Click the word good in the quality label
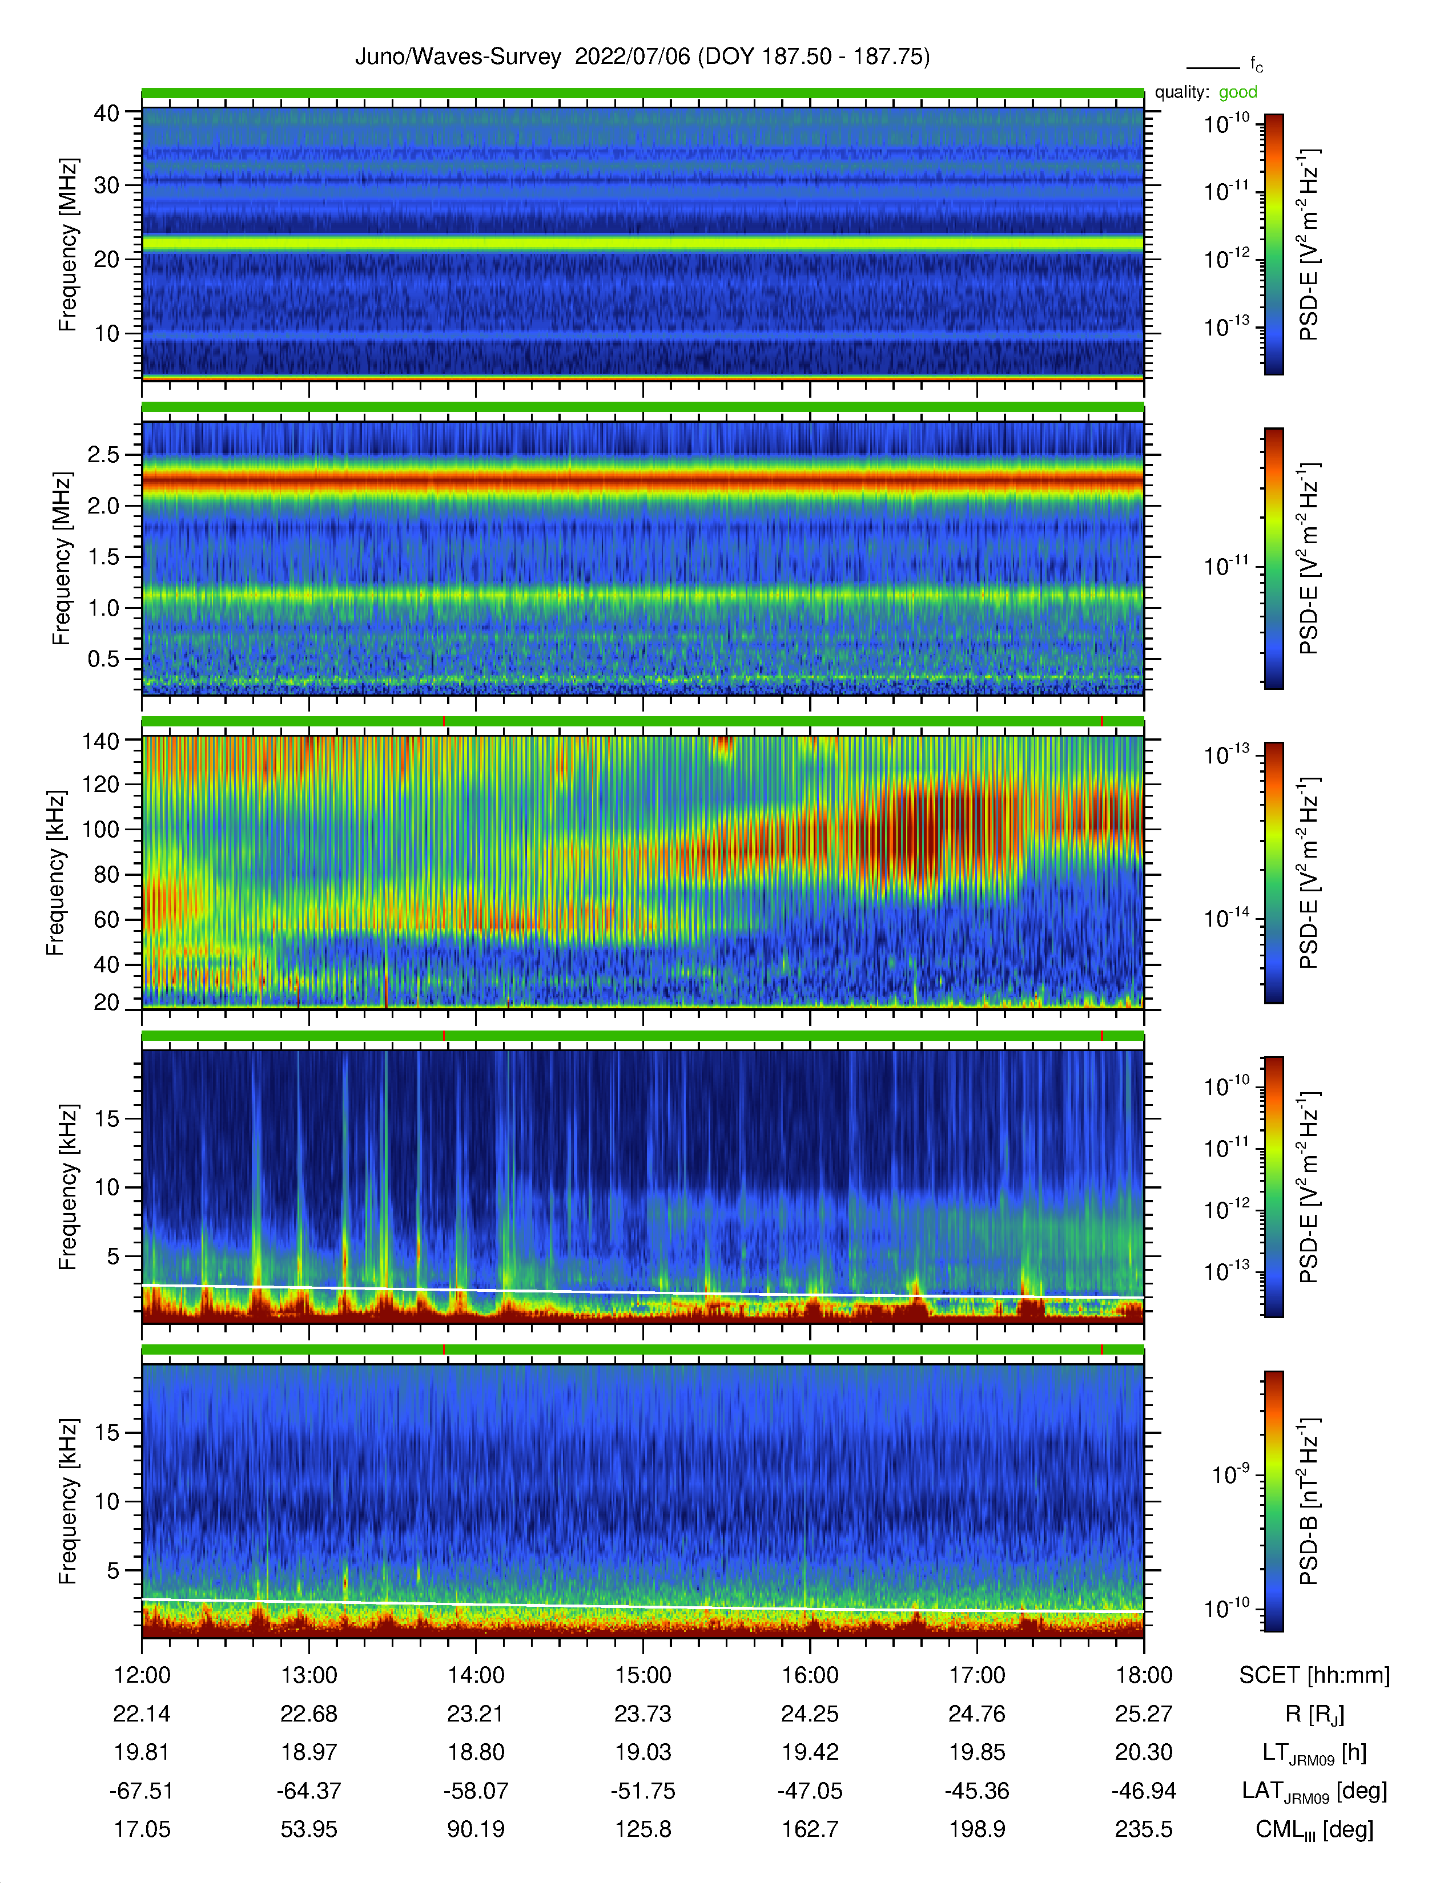tap(1238, 92)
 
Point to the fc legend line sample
tap(1213, 67)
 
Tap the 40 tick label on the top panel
tap(106, 113)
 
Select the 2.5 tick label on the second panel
tap(103, 454)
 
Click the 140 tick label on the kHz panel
tap(100, 741)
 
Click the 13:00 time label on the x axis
tap(309, 1675)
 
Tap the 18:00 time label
tap(1144, 1675)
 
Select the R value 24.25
tap(810, 1714)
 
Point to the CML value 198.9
tap(978, 1829)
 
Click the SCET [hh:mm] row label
tap(1314, 1675)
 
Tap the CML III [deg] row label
tap(1314, 1829)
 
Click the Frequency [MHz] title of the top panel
tap(67, 245)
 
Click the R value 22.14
tap(142, 1714)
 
